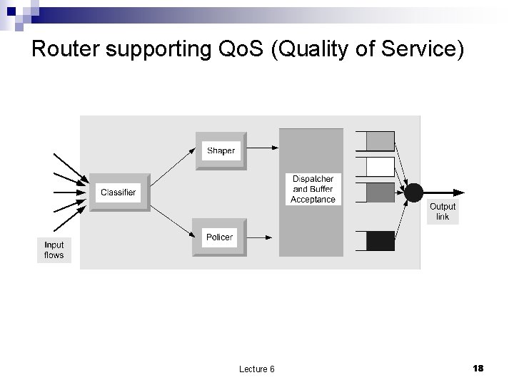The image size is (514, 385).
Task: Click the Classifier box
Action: click(x=119, y=192)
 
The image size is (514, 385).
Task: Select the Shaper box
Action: click(x=221, y=150)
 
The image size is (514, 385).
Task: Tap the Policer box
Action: click(x=219, y=237)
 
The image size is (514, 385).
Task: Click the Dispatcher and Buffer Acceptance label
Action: click(x=313, y=189)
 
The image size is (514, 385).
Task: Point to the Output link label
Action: click(x=443, y=212)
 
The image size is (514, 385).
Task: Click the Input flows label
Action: click(x=54, y=250)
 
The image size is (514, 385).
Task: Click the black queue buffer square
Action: click(x=380, y=241)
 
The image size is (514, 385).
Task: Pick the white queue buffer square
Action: click(x=380, y=167)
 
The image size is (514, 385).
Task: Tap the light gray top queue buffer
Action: click(x=380, y=140)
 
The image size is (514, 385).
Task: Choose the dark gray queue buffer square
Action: click(x=380, y=192)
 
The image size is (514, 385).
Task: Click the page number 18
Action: click(x=478, y=368)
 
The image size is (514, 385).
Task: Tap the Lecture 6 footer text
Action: click(x=257, y=369)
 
